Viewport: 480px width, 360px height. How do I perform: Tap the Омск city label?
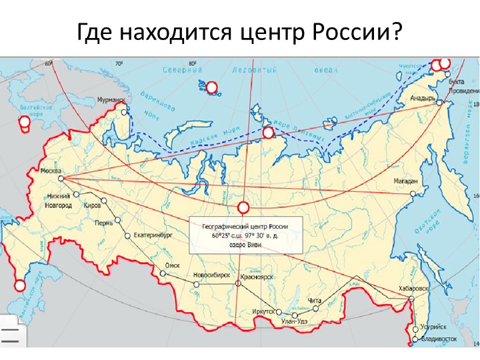pyautogui.click(x=173, y=264)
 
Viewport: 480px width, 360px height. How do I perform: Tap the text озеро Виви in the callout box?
pyautogui.click(x=246, y=245)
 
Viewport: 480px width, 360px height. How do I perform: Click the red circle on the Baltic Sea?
pyautogui.click(x=25, y=121)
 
